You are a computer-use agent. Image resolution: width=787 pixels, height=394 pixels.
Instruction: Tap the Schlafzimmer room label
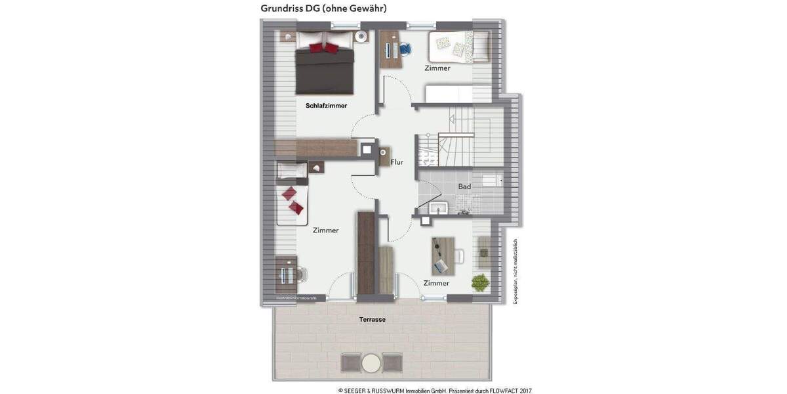tap(326, 106)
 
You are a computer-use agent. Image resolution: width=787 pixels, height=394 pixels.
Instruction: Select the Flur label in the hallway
tap(397, 162)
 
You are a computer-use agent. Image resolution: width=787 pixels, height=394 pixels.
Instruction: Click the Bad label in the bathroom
tap(464, 187)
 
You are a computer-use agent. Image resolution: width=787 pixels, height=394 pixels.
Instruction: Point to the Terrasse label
tap(372, 320)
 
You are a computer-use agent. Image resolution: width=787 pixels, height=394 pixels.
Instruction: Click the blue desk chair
tap(405, 47)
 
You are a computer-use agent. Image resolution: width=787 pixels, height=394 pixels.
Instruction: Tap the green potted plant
tap(480, 282)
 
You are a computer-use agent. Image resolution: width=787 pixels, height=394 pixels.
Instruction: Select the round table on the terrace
tap(371, 362)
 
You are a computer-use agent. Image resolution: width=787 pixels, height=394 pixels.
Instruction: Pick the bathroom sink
tap(437, 208)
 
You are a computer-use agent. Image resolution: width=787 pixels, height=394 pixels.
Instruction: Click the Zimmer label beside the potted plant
tap(436, 284)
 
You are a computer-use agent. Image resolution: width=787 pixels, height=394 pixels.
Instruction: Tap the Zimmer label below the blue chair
tap(437, 68)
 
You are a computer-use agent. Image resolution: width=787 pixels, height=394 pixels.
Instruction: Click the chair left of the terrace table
tap(350, 362)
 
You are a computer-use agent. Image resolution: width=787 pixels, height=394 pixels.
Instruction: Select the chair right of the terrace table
tap(392, 362)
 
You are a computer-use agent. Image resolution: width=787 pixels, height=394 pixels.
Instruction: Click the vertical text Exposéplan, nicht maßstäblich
tap(515, 271)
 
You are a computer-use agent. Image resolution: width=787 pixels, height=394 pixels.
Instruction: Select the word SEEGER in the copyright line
tap(357, 391)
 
